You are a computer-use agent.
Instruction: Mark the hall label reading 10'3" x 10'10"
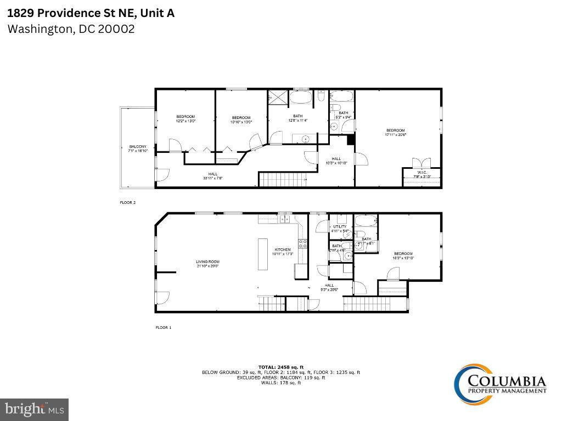(x=336, y=161)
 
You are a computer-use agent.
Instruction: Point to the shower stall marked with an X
(x=277, y=97)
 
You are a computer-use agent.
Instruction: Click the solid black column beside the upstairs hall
(x=351, y=140)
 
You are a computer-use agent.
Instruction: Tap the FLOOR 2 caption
(x=128, y=203)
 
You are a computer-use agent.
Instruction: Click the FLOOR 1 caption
(x=163, y=328)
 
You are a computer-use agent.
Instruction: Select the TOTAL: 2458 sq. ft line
(x=281, y=367)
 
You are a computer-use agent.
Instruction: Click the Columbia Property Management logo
(x=499, y=382)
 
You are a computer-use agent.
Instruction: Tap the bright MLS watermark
(x=34, y=409)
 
